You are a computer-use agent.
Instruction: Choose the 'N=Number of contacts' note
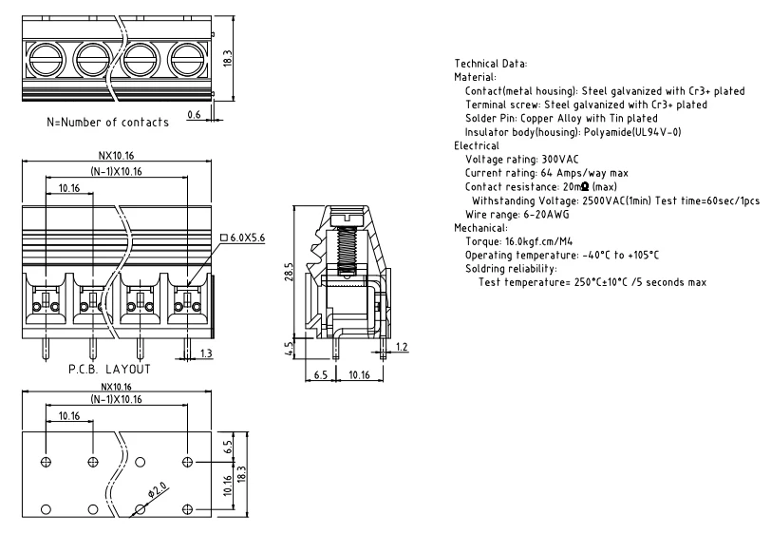pyautogui.click(x=108, y=123)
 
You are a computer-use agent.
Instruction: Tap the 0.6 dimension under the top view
pyautogui.click(x=194, y=115)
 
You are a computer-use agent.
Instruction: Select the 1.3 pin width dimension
pyautogui.click(x=207, y=353)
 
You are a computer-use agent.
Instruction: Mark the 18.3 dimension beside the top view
pyautogui.click(x=226, y=57)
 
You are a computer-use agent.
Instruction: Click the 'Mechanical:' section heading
pyautogui.click(x=481, y=229)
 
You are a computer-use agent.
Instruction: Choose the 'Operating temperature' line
pyautogui.click(x=560, y=256)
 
